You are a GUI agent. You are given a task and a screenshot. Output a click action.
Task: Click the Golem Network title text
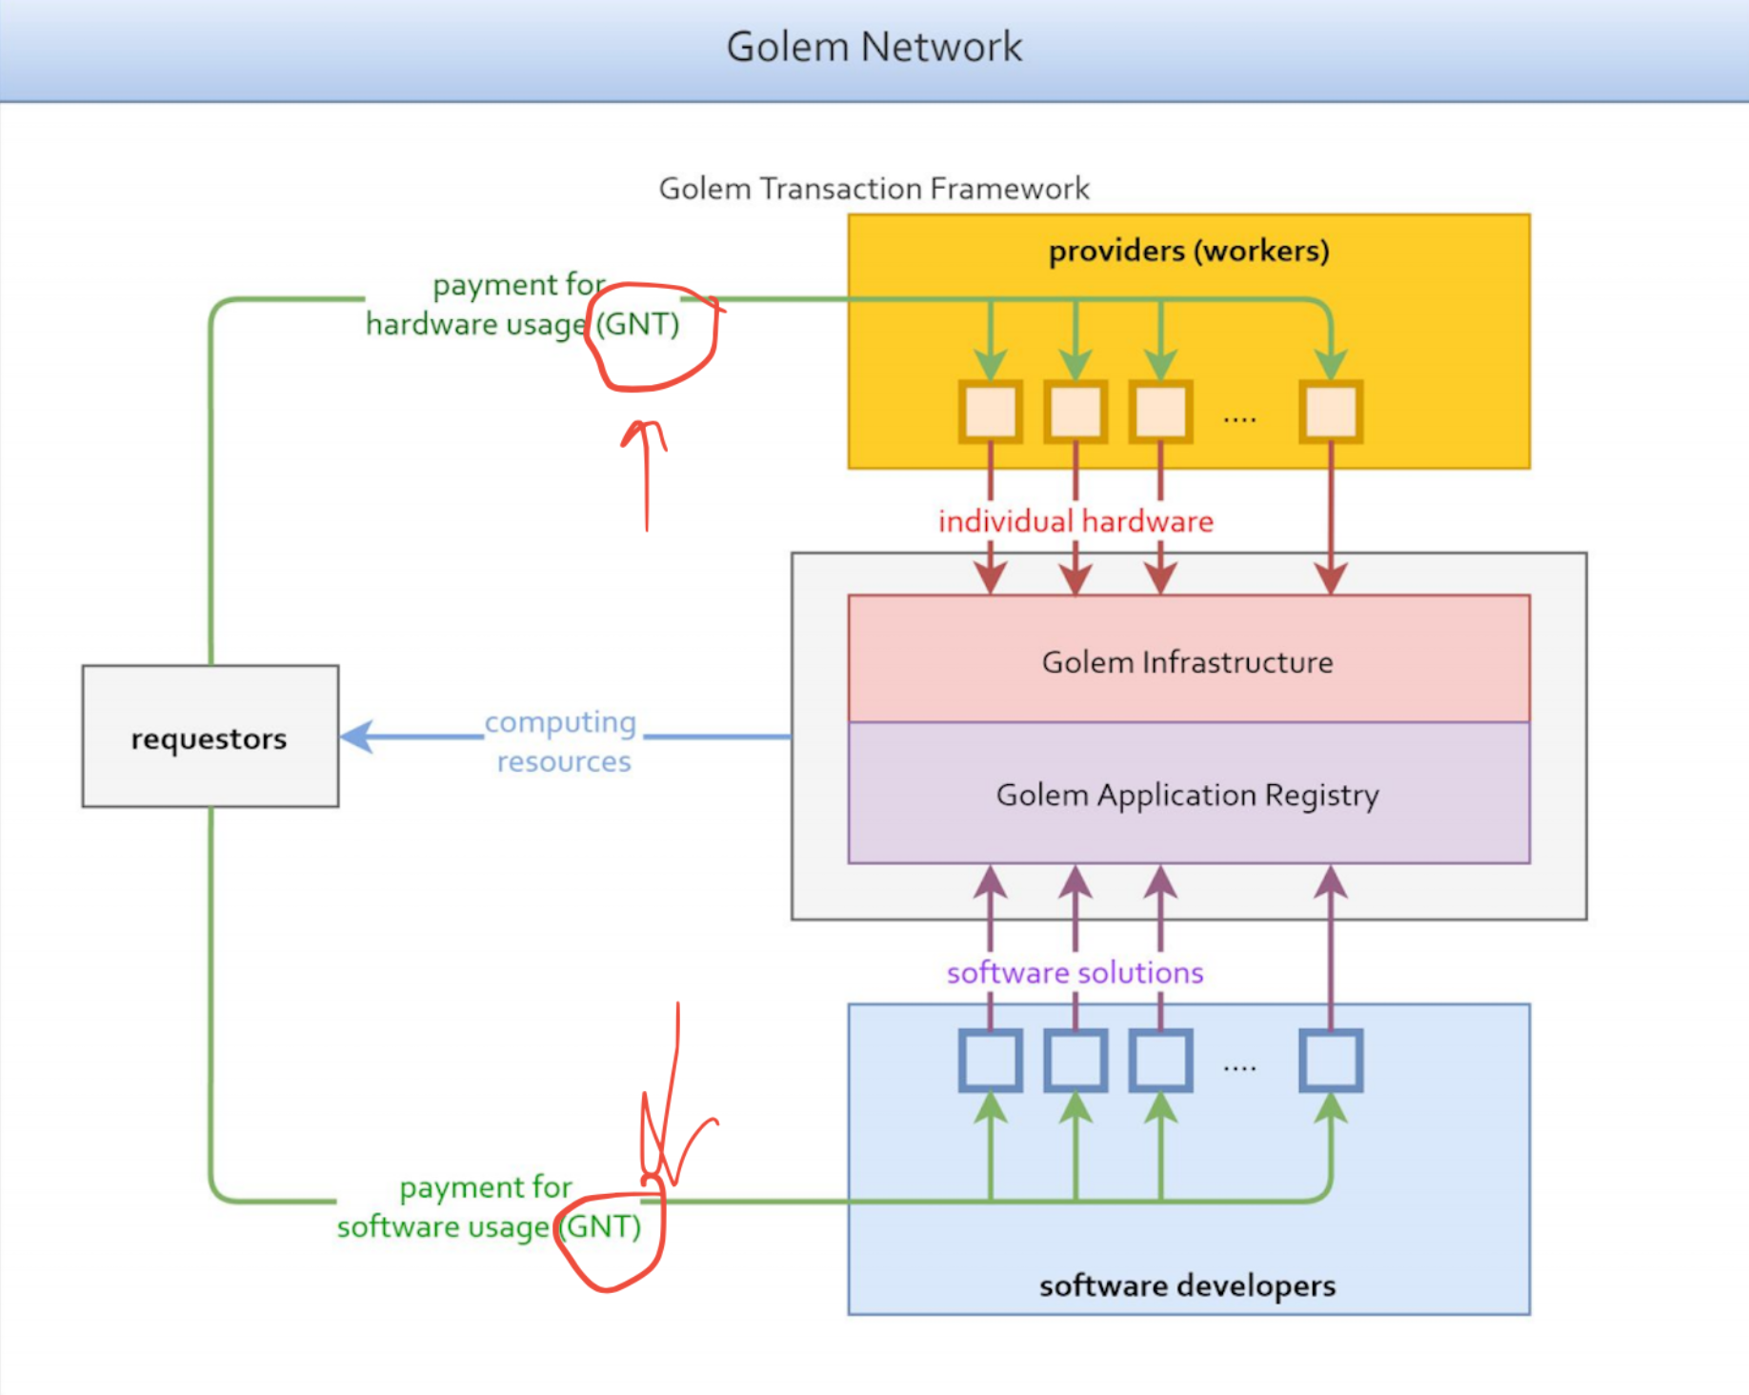point(874,47)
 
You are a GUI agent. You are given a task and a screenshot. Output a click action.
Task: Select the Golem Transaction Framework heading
point(874,189)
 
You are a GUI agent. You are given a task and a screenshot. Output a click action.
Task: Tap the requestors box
point(211,737)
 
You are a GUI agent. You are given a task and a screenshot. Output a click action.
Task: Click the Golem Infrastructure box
point(1189,659)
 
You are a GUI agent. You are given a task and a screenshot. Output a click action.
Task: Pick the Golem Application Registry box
point(1189,793)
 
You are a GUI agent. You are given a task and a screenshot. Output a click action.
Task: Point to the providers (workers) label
point(1189,251)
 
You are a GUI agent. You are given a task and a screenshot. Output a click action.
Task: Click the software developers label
point(1188,1285)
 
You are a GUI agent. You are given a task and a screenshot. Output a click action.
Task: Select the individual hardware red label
point(1076,521)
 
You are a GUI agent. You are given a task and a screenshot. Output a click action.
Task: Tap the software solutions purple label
point(1076,972)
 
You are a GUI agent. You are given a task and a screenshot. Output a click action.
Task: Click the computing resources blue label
point(562,741)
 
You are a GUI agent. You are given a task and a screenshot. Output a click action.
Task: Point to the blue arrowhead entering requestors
point(356,737)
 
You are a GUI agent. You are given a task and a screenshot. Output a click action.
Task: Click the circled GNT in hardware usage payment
point(637,324)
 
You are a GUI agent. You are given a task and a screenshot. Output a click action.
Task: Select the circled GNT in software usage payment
point(600,1225)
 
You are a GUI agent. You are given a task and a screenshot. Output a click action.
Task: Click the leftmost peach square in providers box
point(991,412)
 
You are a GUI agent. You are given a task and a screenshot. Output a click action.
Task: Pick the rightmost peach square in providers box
point(1331,412)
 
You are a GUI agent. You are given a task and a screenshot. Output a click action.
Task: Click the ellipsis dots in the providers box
point(1239,418)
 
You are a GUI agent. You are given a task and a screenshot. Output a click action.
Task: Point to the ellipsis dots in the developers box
point(1239,1068)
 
